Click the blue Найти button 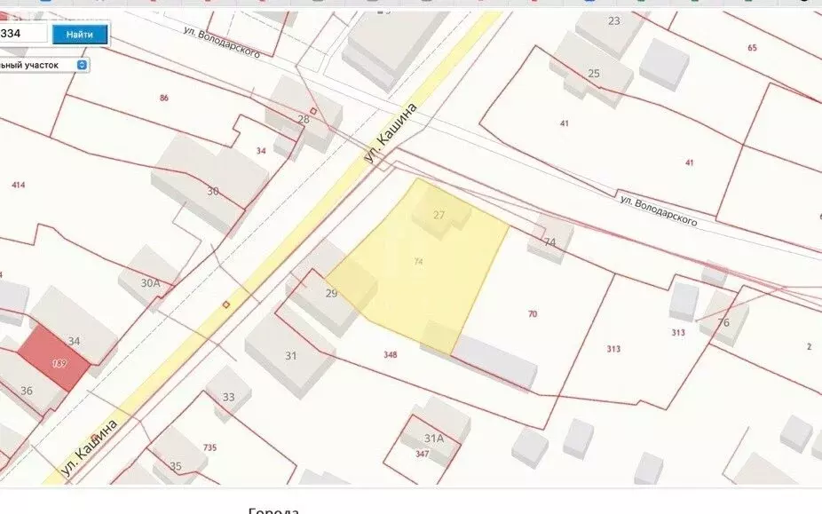click(80, 35)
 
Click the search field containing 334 click(21, 34)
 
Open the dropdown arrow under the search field click(82, 65)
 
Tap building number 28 click(304, 119)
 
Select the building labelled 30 click(212, 191)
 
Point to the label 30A click(151, 283)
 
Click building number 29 click(331, 293)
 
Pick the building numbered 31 click(290, 356)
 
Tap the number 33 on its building click(229, 397)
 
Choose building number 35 click(176, 466)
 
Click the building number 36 click(27, 391)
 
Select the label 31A click(433, 438)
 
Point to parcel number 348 click(390, 355)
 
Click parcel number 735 click(209, 447)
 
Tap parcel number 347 click(421, 455)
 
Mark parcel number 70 click(533, 314)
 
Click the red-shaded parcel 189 click(59, 362)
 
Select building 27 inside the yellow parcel click(439, 215)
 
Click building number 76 click(723, 322)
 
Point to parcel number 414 click(18, 185)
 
